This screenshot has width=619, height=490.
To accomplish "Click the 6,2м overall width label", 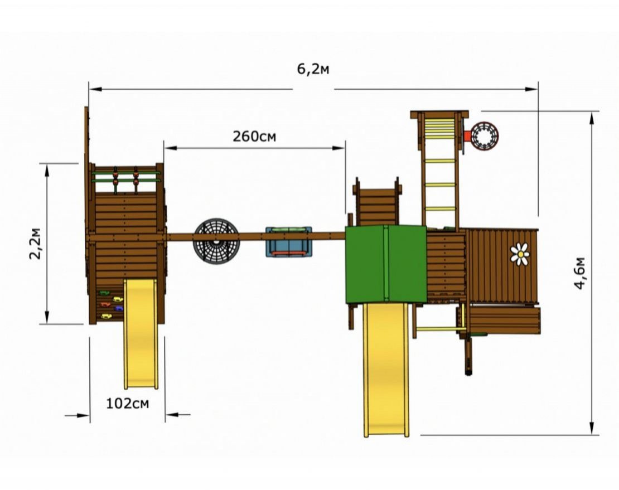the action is pos(313,69).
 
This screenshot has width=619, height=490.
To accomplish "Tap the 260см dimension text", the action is pos(254,137).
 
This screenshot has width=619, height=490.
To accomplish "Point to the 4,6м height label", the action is pos(580,273).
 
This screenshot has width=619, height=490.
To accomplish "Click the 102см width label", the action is pos(128,404).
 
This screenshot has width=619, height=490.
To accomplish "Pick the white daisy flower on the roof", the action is pos(520,254).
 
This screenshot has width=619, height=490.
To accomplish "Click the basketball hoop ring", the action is pos(485,136).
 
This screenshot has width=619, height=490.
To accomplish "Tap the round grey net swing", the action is pos(216,241).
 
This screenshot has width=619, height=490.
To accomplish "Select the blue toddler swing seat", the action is pos(288,241).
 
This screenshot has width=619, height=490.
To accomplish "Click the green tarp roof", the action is pos(386,264).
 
